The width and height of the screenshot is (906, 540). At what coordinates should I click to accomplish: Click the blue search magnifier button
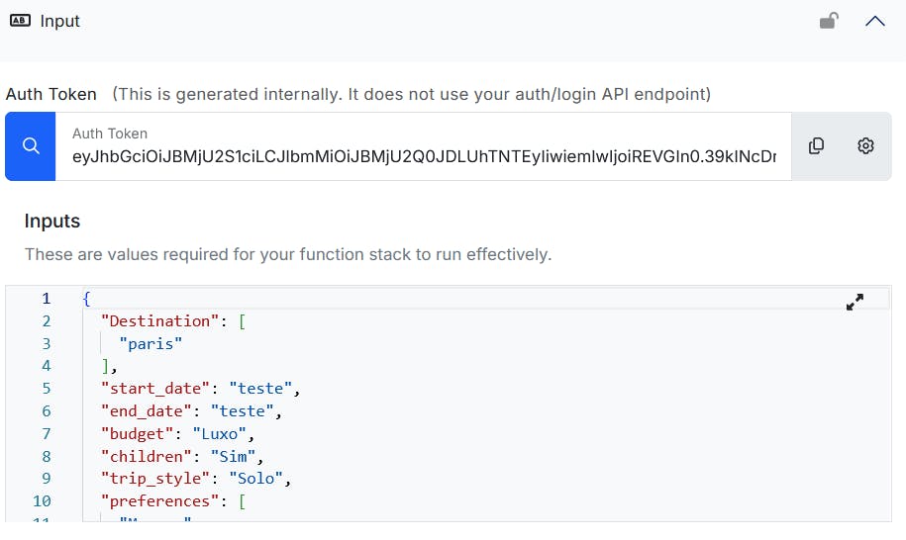click(x=31, y=146)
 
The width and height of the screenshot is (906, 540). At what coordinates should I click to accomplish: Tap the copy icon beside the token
click(x=816, y=146)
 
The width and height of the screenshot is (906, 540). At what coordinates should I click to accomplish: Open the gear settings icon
click(x=865, y=146)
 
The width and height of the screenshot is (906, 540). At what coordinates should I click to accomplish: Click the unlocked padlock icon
click(x=829, y=21)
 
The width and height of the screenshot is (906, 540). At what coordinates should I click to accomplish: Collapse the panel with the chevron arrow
click(x=875, y=21)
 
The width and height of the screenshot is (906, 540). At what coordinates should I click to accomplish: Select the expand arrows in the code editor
click(x=856, y=303)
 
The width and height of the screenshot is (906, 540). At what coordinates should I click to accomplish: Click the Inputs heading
click(x=52, y=221)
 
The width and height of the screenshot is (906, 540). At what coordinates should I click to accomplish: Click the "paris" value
click(x=151, y=343)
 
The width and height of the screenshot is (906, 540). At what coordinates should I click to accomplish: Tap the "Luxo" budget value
click(x=224, y=433)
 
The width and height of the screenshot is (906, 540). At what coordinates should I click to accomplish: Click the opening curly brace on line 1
click(x=87, y=298)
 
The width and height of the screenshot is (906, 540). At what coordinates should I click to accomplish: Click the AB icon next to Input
click(x=19, y=21)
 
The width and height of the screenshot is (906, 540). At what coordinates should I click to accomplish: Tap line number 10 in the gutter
click(x=42, y=500)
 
